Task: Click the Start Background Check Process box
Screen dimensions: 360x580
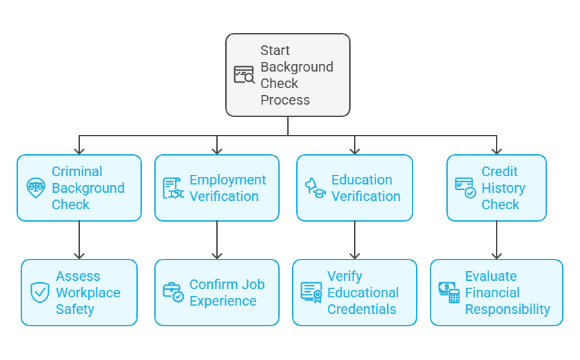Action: click(288, 74)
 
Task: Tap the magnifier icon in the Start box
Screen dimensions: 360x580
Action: click(244, 75)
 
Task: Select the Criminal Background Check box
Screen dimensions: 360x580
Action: click(79, 188)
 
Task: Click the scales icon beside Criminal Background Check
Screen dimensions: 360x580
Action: click(36, 188)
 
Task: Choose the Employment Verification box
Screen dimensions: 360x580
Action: click(217, 188)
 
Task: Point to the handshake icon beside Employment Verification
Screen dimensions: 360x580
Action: click(173, 188)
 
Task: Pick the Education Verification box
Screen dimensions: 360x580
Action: click(355, 188)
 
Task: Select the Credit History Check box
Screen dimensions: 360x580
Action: click(496, 188)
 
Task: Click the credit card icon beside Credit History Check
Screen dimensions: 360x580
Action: click(465, 188)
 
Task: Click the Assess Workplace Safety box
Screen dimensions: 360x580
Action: click(79, 293)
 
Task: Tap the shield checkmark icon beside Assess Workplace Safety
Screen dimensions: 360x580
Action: click(40, 293)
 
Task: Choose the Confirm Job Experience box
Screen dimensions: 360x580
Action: click(217, 293)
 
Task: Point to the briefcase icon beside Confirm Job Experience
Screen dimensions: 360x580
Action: click(173, 293)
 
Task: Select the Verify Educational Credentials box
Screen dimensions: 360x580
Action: click(355, 293)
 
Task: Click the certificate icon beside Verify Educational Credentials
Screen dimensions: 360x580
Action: click(311, 293)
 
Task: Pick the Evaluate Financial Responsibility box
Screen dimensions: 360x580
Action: click(496, 293)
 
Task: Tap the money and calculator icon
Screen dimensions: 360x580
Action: click(449, 293)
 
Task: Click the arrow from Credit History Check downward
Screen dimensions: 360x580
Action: click(496, 240)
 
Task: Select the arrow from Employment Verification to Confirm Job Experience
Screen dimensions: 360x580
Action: click(217, 240)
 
